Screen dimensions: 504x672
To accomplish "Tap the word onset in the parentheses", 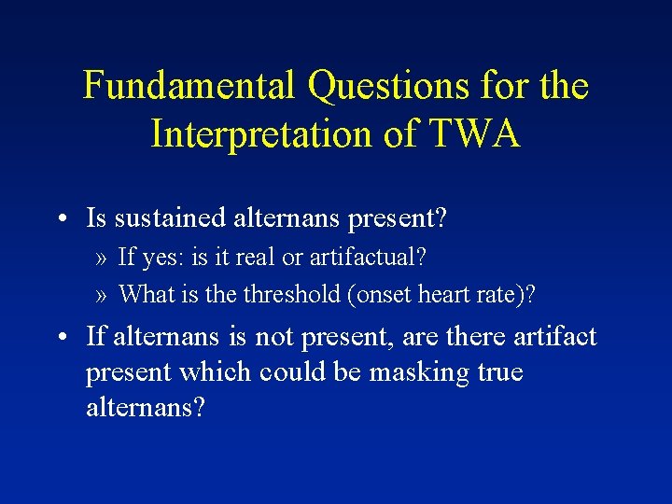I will pos(381,295).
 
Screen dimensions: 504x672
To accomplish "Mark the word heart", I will pos(438,295).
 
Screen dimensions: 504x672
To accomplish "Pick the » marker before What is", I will pos(101,294).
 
